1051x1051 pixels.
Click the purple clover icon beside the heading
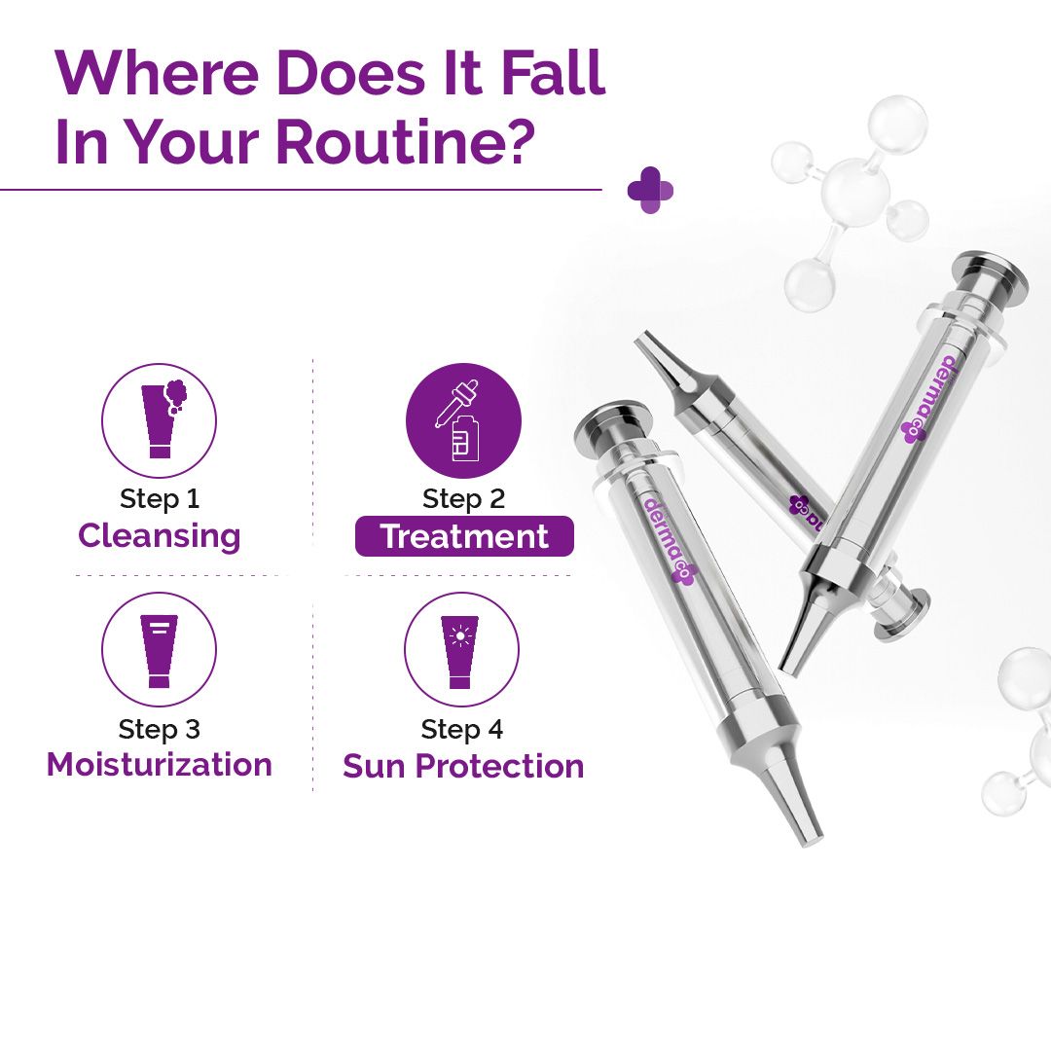pos(650,190)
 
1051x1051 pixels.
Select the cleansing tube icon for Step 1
pos(159,420)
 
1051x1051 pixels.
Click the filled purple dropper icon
pos(463,421)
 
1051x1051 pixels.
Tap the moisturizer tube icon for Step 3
pos(159,650)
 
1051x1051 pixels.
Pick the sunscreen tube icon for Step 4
pos(461,650)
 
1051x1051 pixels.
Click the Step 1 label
pos(159,499)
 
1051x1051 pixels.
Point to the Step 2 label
pos(463,499)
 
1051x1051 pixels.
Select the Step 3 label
pos(159,729)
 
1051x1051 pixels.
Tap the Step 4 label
pos(461,729)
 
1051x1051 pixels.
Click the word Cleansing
pos(159,536)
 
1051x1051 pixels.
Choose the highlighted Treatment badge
pos(464,537)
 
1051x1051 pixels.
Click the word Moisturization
pos(159,765)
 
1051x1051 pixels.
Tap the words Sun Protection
pos(463,766)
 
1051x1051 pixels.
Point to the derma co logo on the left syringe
pos(668,541)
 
